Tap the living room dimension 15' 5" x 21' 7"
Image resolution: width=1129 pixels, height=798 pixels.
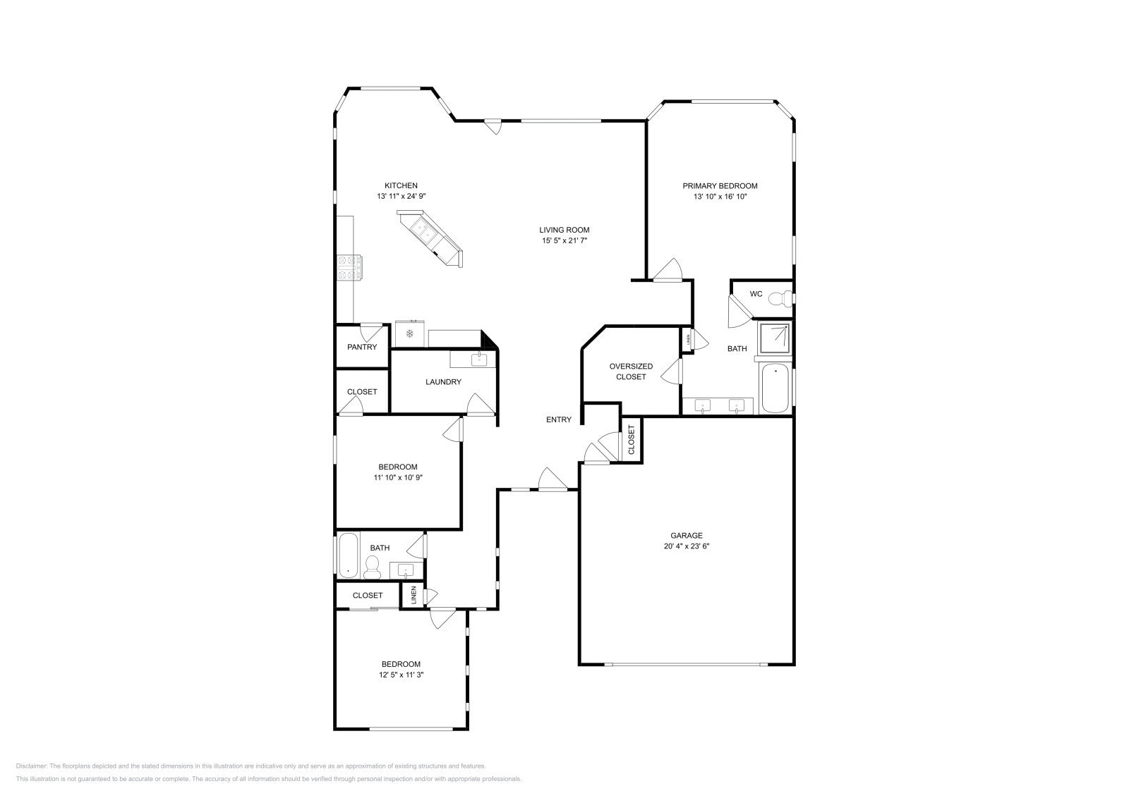(564, 241)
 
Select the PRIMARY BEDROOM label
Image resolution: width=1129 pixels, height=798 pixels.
(720, 186)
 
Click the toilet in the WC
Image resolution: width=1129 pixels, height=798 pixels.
(779, 299)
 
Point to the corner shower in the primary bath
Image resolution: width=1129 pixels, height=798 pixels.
(774, 340)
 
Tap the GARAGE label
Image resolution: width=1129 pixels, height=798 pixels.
(686, 535)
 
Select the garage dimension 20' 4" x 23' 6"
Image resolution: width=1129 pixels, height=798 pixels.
(686, 546)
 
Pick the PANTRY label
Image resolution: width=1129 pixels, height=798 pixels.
(362, 347)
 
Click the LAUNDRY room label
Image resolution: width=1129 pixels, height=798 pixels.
(443, 382)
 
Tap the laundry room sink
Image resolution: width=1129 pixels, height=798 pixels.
(479, 360)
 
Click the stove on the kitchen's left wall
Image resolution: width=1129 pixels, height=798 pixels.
(350, 268)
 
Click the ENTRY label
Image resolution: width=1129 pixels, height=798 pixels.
(558, 419)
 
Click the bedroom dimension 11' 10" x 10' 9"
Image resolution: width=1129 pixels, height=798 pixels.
(397, 477)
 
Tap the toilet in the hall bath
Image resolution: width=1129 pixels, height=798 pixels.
(372, 565)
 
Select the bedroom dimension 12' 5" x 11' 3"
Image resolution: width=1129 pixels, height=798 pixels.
(401, 675)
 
